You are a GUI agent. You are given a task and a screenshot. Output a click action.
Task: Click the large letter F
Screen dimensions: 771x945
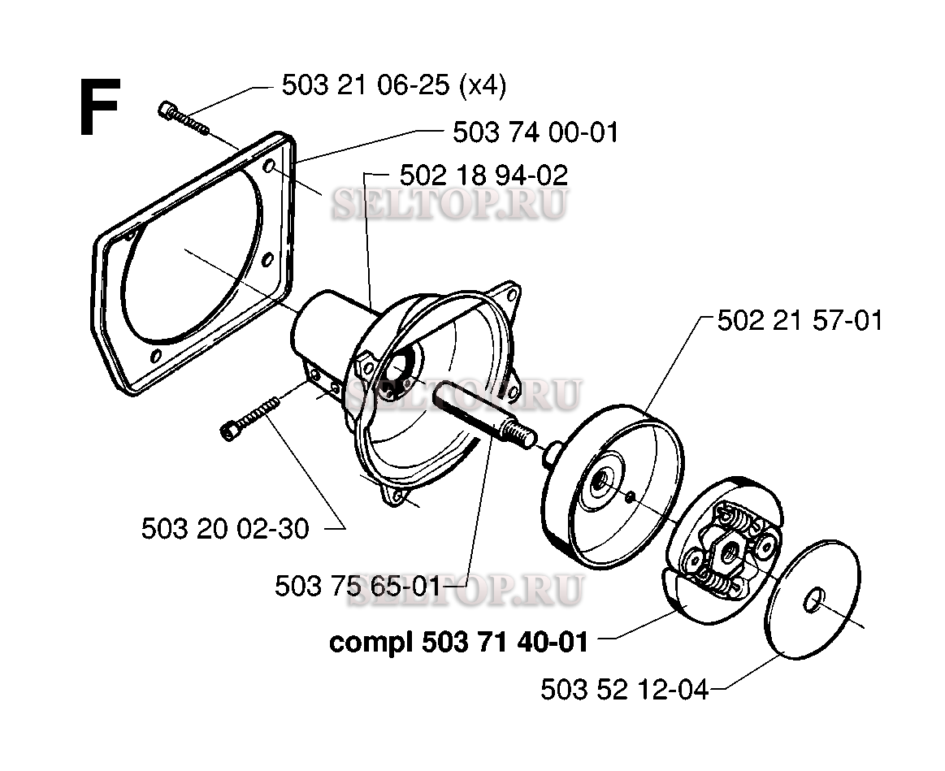[x=99, y=107]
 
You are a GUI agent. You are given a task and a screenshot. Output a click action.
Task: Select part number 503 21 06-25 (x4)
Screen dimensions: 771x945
[x=393, y=85]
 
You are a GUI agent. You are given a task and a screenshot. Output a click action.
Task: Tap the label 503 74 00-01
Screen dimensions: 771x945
[x=535, y=132]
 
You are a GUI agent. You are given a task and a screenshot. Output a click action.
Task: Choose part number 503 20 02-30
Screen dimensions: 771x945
[x=225, y=529]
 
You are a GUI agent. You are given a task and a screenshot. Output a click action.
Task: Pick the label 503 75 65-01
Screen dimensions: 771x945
[x=358, y=586]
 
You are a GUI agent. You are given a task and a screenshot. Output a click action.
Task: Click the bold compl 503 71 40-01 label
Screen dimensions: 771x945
[x=457, y=642]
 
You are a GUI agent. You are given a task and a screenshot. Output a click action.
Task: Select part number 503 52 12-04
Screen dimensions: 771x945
[x=624, y=691]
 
